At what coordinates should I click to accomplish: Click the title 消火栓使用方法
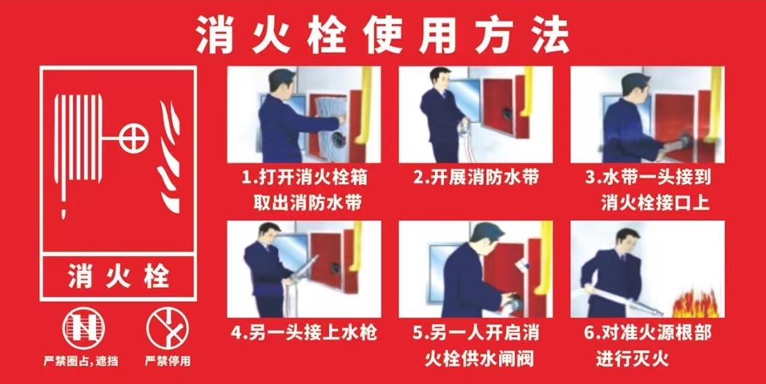coord(382,35)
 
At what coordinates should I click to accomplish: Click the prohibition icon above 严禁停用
coord(167,328)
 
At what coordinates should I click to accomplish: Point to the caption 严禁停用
coord(167,362)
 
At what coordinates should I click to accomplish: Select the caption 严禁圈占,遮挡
coord(81,362)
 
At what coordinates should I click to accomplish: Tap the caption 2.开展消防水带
coord(476,178)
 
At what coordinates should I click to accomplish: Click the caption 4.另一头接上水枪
coord(304,334)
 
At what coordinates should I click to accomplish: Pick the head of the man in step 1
coord(281,81)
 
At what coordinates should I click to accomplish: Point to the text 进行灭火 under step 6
coord(632,359)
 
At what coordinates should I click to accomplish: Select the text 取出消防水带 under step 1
coord(307,202)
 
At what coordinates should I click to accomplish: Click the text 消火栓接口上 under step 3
coord(655,202)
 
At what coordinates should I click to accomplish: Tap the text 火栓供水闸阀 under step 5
coord(478,359)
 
